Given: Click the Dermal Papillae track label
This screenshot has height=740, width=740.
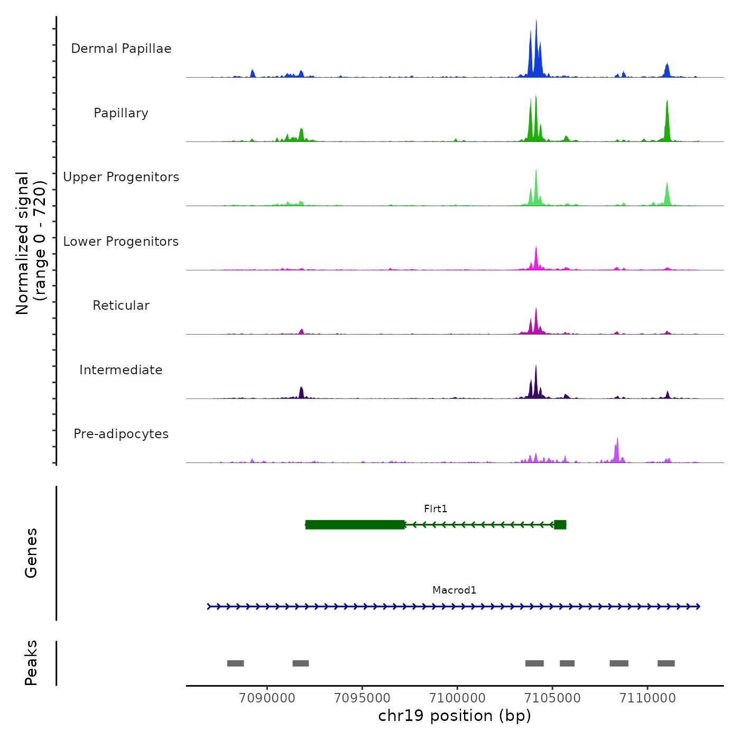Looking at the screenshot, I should pos(121,49).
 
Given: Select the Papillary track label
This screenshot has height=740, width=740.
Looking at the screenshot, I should pos(121,113).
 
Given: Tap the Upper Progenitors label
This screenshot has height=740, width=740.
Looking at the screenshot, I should pos(121,177).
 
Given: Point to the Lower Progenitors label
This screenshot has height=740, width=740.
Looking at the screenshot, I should pos(121,242).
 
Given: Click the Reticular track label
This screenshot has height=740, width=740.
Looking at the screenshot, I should pos(121,306).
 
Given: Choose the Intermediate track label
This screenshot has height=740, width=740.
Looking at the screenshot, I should pos(121,370).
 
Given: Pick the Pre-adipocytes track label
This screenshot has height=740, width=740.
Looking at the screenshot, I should pos(121,434).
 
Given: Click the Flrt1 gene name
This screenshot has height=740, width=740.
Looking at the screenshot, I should pos(436,509).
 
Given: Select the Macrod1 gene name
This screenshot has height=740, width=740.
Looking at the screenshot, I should pos(454,590).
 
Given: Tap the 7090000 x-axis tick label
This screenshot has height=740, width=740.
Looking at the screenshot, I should pos(267,698).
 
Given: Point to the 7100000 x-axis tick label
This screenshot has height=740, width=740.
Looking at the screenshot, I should pos(457,698).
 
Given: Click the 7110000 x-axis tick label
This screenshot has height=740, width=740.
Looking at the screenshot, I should pos(647,698).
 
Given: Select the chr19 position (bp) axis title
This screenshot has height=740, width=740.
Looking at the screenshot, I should pos(455,716).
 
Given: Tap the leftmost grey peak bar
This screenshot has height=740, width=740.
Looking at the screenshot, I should pos(235,663).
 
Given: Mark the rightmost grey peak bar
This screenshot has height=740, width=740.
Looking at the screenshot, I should pos(666,663).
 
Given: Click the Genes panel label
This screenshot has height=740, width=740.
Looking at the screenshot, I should pos(31,553).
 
